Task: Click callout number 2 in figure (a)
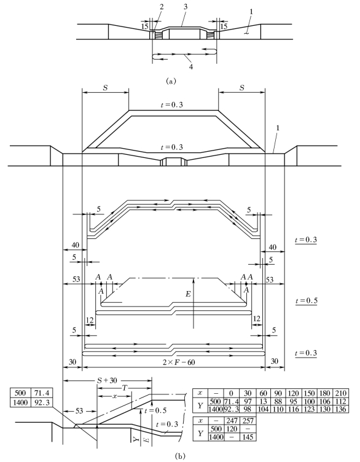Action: (x=161, y=7)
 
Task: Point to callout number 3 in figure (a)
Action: (x=186, y=7)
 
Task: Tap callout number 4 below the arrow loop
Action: (x=191, y=67)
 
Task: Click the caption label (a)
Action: (x=171, y=80)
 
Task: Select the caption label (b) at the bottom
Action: (x=180, y=456)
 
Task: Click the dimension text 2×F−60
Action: (x=179, y=362)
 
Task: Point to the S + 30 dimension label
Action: (x=108, y=381)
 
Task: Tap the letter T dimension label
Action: (x=125, y=388)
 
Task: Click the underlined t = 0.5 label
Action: (x=306, y=301)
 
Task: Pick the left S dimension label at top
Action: (x=104, y=88)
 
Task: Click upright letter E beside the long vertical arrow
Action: (x=188, y=294)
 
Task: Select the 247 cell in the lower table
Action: (x=232, y=420)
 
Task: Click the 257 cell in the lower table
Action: (x=248, y=420)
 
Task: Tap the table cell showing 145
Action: (x=248, y=437)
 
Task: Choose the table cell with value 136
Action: (x=340, y=409)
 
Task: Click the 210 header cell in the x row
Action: (x=340, y=393)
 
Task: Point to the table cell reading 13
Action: (x=264, y=401)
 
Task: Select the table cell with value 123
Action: (x=310, y=409)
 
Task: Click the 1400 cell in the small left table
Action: (x=20, y=402)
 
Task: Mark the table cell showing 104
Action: (x=264, y=409)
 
